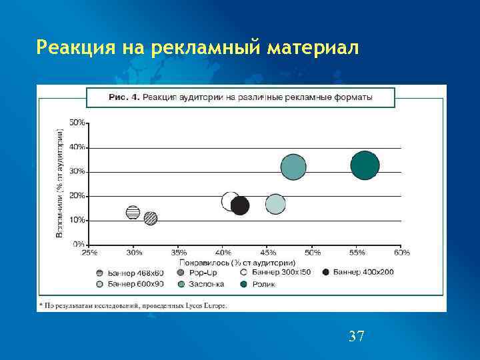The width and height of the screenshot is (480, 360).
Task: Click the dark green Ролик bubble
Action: (365, 165)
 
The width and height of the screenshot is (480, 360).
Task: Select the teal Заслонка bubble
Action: (293, 167)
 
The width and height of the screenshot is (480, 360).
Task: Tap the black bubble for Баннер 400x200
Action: (240, 205)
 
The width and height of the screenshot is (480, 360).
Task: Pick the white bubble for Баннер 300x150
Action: (231, 201)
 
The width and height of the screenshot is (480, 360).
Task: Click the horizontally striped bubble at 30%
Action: (133, 213)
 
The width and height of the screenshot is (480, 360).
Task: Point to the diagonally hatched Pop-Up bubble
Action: (151, 218)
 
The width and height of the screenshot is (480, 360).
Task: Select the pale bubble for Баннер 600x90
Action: (275, 204)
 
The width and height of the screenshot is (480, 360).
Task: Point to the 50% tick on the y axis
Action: (78, 123)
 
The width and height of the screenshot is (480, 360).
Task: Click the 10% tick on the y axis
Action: (78, 220)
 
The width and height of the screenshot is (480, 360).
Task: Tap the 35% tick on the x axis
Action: (179, 253)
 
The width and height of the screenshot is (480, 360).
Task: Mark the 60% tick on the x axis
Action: (401, 253)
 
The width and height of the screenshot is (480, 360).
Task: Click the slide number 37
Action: (357, 336)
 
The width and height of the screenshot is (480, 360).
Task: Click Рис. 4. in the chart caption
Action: (124, 97)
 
